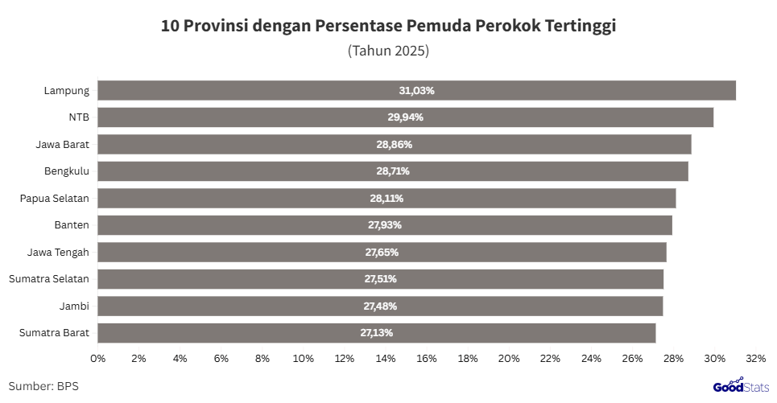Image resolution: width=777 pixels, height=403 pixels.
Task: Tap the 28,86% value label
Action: point(394,145)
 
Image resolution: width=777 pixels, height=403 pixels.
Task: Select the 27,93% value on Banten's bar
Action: point(384,225)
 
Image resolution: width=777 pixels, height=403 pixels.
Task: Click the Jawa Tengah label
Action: point(58,253)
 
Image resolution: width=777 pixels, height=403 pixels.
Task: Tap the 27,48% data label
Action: point(380,306)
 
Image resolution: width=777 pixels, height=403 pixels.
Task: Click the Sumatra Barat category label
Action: point(54,333)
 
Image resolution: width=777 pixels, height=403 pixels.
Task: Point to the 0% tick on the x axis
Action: point(97,357)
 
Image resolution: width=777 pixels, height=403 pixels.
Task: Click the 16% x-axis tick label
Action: point(426,357)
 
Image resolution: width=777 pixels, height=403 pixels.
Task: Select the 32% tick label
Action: point(755,357)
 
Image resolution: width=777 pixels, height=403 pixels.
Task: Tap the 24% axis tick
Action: point(591,357)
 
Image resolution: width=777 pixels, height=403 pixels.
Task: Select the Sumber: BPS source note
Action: point(43,386)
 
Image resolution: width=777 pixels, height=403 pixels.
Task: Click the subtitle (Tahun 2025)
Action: point(388,51)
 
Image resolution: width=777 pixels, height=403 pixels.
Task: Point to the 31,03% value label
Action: point(416,91)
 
